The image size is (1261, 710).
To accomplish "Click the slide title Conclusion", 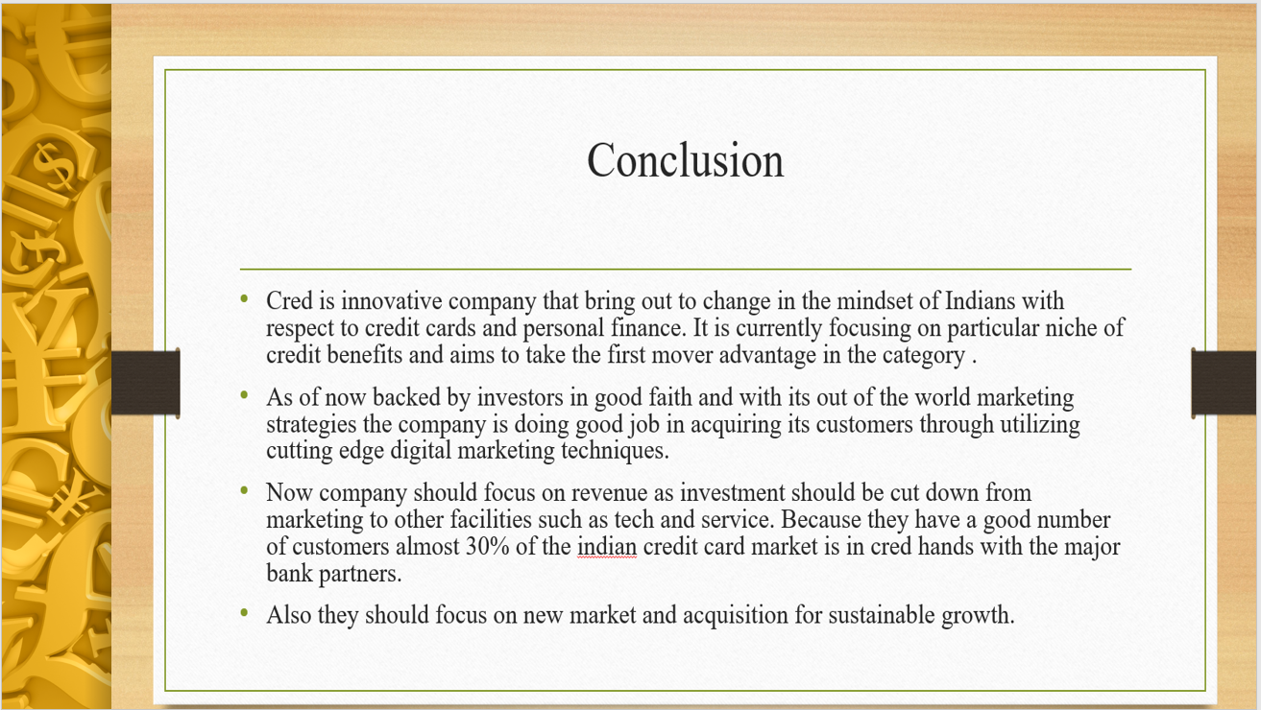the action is pos(685,160).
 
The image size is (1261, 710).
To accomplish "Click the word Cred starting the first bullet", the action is pos(289,300).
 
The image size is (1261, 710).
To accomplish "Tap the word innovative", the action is pos(392,300).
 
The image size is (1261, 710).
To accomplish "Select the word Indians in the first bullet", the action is pos(981,300).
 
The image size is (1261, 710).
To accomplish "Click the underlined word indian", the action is pos(607,546).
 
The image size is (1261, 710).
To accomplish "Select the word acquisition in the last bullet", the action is pos(736,615).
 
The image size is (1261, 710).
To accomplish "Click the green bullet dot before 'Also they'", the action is pos(244,613).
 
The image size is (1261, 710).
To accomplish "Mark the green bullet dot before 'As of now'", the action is pos(244,395).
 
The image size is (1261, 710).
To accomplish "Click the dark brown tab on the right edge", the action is pos(1224,383).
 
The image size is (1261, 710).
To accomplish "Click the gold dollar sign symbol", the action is pos(55,167).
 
